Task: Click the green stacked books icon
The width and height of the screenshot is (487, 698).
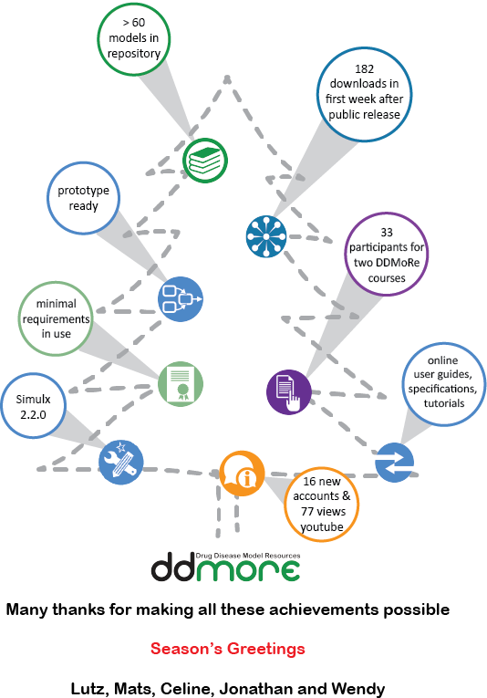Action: point(205,161)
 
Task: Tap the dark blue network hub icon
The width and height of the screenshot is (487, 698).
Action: point(266,236)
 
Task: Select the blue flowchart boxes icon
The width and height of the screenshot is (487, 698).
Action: point(181,299)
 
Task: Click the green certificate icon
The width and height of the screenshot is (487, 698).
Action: point(181,384)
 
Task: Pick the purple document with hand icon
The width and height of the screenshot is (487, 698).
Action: point(288,392)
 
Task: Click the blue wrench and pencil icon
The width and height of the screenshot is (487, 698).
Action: point(121,462)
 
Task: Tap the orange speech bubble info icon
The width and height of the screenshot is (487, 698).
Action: point(242,474)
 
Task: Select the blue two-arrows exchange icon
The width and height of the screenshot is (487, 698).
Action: point(395,463)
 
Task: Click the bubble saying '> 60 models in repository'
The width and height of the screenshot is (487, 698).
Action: point(134,38)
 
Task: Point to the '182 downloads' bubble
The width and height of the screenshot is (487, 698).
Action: point(364,94)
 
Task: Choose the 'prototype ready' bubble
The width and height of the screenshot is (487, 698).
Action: point(84,198)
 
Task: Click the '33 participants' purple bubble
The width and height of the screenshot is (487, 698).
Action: point(387,255)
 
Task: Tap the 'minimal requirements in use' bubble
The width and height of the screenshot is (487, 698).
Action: point(56,318)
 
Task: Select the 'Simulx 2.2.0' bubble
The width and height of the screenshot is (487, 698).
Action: point(34,406)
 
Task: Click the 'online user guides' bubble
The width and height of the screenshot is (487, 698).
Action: point(444,384)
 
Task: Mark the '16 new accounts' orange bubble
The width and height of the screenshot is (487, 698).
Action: point(322,505)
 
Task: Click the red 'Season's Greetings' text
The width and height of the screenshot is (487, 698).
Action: point(228,649)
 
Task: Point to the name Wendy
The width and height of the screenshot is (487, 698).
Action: point(358,688)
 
